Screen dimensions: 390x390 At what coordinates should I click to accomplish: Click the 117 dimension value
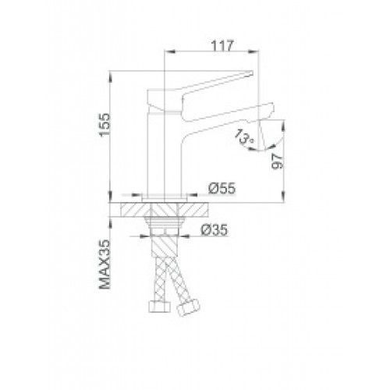pyautogui.click(x=222, y=46)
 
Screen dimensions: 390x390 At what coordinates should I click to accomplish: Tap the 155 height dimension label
pyautogui.click(x=105, y=125)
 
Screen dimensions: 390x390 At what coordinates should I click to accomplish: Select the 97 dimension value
pyautogui.click(x=277, y=161)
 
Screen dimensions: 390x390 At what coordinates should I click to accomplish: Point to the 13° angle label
pyautogui.click(x=244, y=136)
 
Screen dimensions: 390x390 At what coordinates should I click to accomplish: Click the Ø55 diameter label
pyautogui.click(x=222, y=188)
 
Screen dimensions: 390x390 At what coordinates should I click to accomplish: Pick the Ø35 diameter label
pyautogui.click(x=214, y=230)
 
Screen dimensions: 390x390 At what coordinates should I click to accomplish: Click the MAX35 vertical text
pyautogui.click(x=105, y=264)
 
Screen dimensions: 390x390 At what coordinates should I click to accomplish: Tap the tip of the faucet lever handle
pyautogui.click(x=252, y=73)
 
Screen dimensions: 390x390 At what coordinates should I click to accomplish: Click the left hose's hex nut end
pyautogui.click(x=159, y=307)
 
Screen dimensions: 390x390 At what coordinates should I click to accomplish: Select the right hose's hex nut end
pyautogui.click(x=189, y=307)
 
